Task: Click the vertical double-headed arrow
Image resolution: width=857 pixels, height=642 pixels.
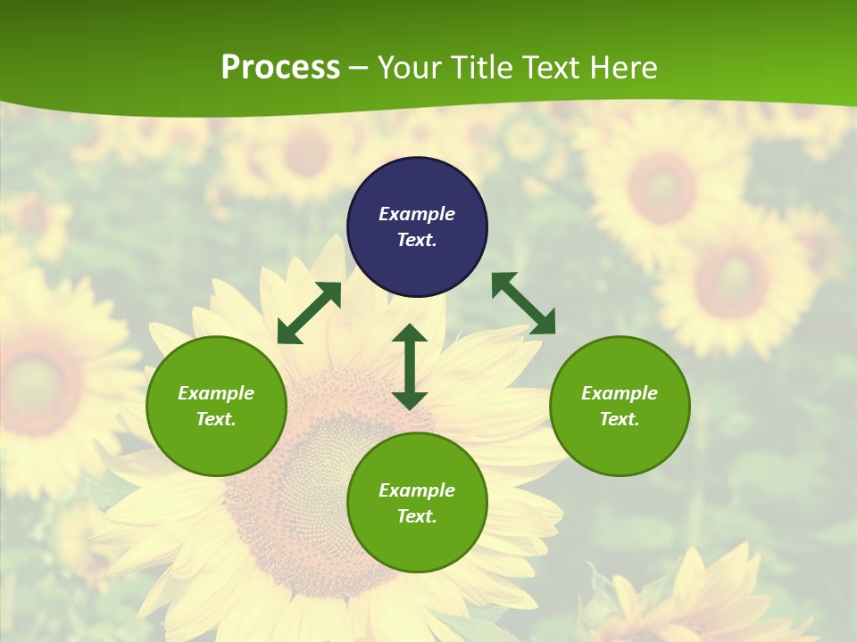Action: coord(410,367)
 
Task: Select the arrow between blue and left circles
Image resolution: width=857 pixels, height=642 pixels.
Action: coord(309,313)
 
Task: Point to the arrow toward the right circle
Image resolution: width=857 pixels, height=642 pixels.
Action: coord(523,304)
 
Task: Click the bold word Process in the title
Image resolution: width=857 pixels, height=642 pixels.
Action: coord(280,68)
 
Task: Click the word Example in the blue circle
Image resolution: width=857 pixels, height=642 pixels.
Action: coord(417,214)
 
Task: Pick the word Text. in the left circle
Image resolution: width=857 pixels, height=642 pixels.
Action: coord(216,419)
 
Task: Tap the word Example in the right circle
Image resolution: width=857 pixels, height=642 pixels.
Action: coord(620,393)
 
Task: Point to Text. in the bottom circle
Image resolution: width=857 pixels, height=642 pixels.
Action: coord(417,516)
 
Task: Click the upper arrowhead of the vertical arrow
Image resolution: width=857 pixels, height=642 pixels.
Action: coord(410,333)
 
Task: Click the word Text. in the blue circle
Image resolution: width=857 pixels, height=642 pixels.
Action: coord(417,240)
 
